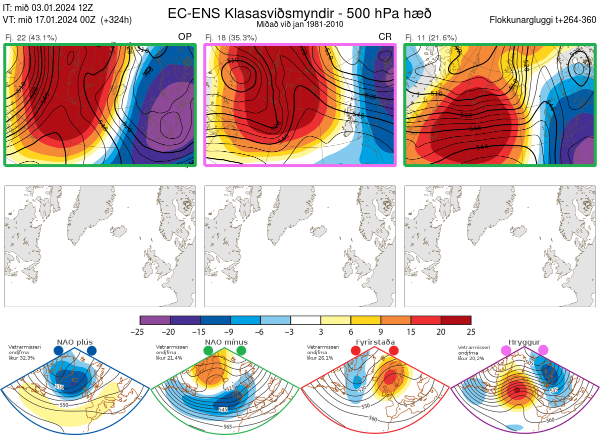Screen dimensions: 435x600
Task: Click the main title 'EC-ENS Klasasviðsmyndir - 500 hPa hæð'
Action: (x=299, y=13)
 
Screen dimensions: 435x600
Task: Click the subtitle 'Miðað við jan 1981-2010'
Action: (x=299, y=24)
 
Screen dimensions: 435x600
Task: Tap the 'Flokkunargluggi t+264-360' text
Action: (x=544, y=20)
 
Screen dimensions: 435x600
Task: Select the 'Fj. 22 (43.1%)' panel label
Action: (x=31, y=37)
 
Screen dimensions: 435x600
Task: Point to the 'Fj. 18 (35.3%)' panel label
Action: (x=231, y=37)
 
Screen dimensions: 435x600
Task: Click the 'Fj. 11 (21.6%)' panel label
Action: (x=431, y=37)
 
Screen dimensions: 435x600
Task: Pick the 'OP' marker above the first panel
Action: (x=185, y=37)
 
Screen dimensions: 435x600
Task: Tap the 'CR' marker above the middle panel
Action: (x=385, y=37)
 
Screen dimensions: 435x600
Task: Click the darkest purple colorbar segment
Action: (x=155, y=320)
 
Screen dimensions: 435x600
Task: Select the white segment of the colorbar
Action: (x=305, y=320)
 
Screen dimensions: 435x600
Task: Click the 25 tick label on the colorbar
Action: (x=470, y=332)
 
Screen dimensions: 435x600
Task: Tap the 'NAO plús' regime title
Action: (x=75, y=343)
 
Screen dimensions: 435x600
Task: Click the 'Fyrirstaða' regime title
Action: (x=374, y=343)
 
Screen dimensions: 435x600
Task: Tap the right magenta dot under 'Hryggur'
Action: (x=543, y=351)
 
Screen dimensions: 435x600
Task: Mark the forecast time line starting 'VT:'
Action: (x=67, y=20)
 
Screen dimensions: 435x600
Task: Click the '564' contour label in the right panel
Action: (x=482, y=147)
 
